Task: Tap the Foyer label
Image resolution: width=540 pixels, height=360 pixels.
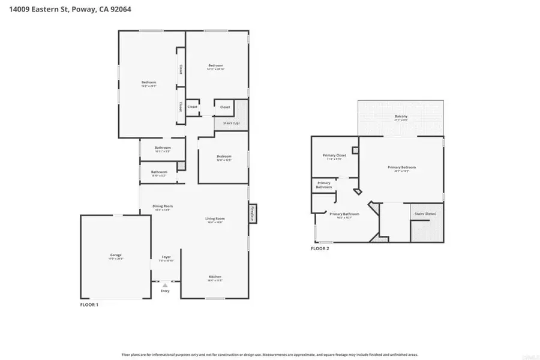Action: point(165,257)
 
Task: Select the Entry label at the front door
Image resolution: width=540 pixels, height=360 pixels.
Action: point(165,291)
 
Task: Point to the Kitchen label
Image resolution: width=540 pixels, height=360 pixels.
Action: point(215,277)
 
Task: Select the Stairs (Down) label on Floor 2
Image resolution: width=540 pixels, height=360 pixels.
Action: point(425,214)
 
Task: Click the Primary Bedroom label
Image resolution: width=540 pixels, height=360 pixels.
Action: point(401,167)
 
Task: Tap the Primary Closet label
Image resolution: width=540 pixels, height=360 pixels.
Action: point(334,155)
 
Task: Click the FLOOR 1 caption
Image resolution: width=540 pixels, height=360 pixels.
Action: point(89,305)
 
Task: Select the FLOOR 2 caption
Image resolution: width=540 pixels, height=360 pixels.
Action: point(320,248)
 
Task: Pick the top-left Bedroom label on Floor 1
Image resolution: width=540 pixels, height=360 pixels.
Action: point(149,82)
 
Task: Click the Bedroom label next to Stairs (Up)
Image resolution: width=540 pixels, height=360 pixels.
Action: point(224,157)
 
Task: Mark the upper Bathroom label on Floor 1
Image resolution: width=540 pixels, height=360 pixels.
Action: point(163,148)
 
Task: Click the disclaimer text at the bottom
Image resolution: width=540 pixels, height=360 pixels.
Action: point(270,354)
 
